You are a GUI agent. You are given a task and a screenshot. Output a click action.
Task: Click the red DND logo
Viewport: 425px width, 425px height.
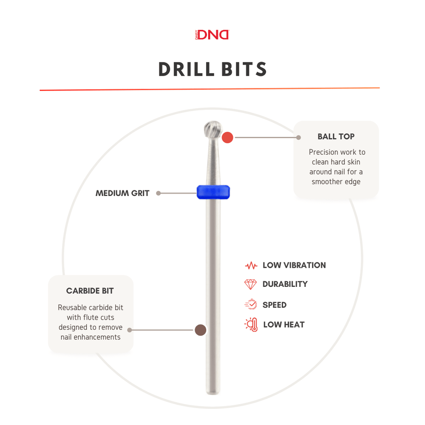point(212,35)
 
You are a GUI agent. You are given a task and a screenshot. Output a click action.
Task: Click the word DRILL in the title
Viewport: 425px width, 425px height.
point(187,69)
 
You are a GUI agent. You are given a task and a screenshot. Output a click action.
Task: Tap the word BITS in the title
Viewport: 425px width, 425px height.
point(244,69)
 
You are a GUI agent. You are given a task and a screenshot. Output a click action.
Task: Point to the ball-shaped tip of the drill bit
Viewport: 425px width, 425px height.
point(213,129)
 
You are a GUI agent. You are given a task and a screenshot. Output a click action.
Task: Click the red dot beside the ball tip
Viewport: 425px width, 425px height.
point(227,137)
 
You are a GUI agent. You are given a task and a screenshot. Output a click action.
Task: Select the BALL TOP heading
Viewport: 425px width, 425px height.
point(336,136)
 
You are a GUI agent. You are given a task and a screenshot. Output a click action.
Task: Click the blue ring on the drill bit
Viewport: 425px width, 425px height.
point(213,192)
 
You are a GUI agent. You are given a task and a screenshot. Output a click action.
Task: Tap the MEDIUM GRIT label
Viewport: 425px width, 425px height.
point(122,193)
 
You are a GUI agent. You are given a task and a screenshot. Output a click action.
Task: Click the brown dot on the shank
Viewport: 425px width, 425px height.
point(201,330)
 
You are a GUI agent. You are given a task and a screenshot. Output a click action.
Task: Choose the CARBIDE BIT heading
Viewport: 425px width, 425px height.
point(90,291)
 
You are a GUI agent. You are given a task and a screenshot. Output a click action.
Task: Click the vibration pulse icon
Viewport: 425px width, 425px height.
point(251,265)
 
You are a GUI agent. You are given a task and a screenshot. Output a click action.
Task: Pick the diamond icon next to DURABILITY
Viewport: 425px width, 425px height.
point(250,284)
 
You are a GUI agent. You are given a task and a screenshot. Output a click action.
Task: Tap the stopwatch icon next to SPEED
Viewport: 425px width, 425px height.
point(251,304)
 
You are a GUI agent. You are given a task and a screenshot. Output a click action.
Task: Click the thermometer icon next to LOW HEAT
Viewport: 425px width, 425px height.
point(251,325)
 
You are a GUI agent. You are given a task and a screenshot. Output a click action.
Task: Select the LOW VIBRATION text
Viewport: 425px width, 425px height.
point(295,265)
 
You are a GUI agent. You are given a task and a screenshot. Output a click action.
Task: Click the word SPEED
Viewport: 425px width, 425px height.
point(275,305)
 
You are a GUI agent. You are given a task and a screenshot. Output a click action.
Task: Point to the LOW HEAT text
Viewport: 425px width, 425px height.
point(284,324)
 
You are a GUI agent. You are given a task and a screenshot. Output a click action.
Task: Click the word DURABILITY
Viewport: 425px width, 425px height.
point(285,284)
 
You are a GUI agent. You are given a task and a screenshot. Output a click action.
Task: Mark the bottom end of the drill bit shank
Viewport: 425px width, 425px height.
point(213,393)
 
